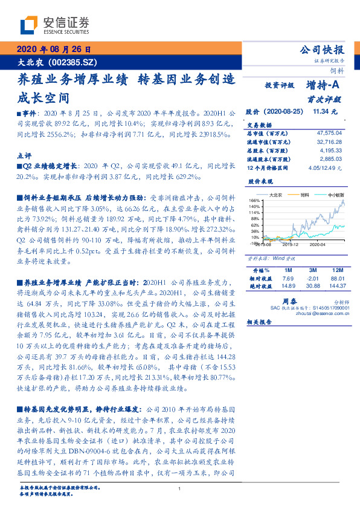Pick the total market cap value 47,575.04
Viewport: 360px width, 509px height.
[x=330, y=132]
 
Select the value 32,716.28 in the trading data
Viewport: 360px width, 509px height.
[x=330, y=141]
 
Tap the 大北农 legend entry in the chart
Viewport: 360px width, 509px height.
[x=277, y=195]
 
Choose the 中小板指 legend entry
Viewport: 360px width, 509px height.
[x=336, y=195]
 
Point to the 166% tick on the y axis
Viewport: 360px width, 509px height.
[x=254, y=200]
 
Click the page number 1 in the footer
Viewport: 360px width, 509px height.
[x=180, y=488]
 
